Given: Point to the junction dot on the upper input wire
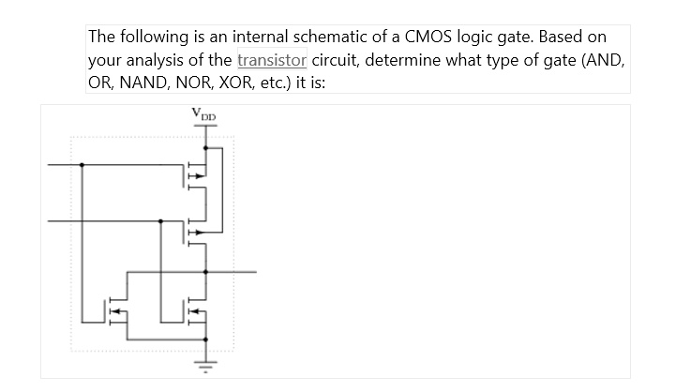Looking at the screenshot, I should tap(83, 165).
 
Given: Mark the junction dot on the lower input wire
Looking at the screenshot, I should tap(161, 221).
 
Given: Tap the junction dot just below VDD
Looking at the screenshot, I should tap(205, 147).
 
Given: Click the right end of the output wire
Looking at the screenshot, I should tap(255, 272).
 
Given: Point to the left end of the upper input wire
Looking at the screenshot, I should tap(50, 165).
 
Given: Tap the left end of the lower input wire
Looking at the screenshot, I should tap(50, 221).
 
